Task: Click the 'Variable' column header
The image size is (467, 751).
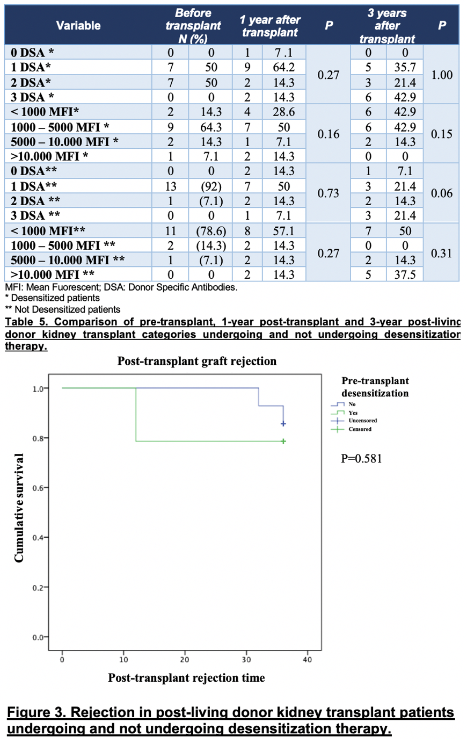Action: (78, 25)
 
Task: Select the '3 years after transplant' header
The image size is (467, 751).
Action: (387, 25)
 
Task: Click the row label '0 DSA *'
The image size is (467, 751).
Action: (33, 53)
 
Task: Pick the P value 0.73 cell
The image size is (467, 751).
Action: (328, 193)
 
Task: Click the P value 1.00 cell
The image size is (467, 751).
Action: (441, 75)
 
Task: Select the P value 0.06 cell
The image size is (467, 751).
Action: (441, 193)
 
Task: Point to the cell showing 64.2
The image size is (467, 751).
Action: (283, 68)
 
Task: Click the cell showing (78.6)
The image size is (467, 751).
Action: (211, 231)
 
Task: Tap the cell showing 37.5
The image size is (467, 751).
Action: (405, 275)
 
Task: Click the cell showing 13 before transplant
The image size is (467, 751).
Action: (170, 186)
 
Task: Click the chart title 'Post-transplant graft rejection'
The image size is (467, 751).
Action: (197, 361)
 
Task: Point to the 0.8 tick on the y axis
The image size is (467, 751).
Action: (38, 438)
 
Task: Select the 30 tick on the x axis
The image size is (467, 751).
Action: (246, 659)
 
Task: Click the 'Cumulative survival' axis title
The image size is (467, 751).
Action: (19, 508)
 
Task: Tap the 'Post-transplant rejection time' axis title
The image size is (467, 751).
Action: (186, 678)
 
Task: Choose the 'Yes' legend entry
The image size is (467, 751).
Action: (353, 413)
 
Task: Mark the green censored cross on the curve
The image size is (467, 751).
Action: (283, 442)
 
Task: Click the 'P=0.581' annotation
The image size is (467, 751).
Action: (361, 459)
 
